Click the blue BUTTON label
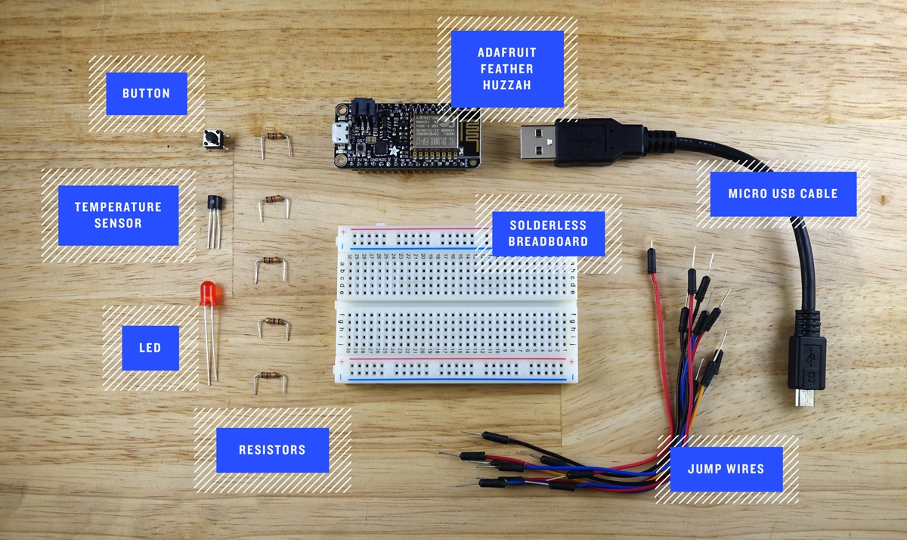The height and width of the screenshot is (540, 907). coord(146,94)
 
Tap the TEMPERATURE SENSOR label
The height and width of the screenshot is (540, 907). coord(118,215)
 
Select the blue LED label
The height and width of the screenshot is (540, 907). coord(150,348)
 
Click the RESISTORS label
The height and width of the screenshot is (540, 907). coord(272,450)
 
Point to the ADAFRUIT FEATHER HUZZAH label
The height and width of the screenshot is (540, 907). coord(507,69)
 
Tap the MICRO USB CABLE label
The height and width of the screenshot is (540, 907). coord(782,194)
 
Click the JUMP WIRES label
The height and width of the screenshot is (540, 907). coord(726,469)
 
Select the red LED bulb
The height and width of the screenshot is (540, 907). coord(207,293)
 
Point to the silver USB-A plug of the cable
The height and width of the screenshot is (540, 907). coord(537,141)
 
